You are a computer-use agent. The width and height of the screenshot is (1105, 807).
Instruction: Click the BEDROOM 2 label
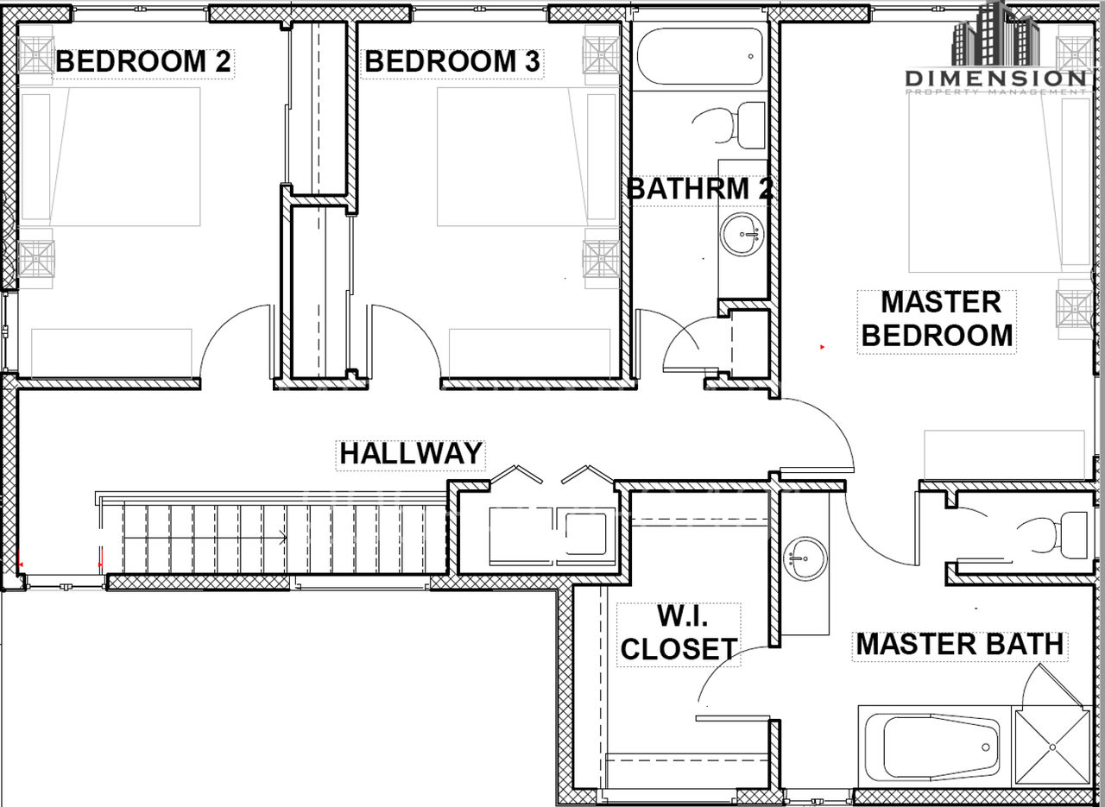click(143, 61)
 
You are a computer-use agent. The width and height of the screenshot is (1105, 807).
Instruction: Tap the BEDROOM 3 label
click(452, 61)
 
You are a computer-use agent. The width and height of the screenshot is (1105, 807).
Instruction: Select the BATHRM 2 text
click(699, 188)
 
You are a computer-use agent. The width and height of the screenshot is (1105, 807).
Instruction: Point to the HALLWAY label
click(411, 453)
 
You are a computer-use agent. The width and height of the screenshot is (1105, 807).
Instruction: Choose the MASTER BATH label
click(960, 644)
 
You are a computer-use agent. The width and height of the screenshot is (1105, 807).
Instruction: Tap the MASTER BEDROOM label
click(938, 319)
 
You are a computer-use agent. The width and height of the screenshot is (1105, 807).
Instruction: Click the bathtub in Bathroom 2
click(699, 56)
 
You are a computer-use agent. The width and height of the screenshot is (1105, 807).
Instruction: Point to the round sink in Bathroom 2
click(742, 234)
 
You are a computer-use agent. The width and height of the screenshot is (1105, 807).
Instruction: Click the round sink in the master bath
click(805, 559)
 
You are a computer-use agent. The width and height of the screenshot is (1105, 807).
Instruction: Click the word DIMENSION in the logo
click(996, 79)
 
